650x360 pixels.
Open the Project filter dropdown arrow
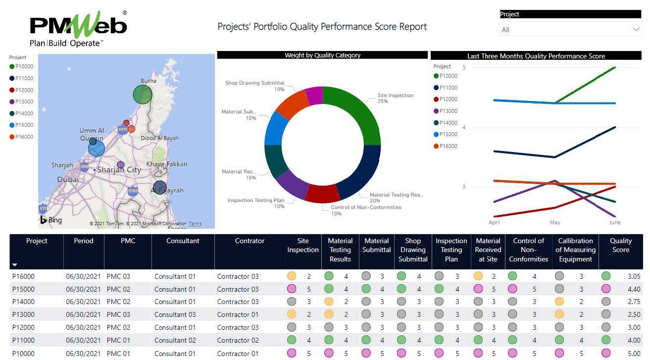636,29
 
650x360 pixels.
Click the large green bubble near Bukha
143,95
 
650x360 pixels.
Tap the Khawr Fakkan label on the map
167,164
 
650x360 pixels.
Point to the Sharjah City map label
119,170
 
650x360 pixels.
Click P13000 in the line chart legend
448,111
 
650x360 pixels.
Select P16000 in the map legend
24,137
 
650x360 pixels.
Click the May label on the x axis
554,222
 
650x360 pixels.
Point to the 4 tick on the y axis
464,127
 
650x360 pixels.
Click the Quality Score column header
620,245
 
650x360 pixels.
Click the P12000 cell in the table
24,327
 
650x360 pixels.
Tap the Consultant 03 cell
175,314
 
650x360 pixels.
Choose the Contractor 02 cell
238,340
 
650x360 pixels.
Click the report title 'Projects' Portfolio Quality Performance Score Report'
322,27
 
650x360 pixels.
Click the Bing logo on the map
51,220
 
